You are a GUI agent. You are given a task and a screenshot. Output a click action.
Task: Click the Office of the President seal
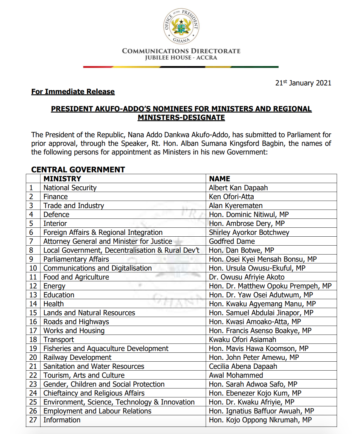(181, 26)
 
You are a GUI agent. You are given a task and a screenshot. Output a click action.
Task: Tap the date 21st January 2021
(303, 83)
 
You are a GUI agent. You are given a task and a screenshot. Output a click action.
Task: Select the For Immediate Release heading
(73, 92)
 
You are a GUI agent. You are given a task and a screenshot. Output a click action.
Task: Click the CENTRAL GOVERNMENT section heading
(78, 170)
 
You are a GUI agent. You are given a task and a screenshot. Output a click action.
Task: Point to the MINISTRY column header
(62, 179)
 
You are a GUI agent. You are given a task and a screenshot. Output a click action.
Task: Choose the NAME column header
(220, 179)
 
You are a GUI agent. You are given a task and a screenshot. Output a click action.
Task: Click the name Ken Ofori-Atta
(231, 197)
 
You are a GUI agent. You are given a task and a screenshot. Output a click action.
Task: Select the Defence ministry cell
(56, 215)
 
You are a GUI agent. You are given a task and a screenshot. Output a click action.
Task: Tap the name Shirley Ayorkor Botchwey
(249, 232)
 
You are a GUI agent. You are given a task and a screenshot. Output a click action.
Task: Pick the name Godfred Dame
(232, 241)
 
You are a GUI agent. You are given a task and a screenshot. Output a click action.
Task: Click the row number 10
(33, 268)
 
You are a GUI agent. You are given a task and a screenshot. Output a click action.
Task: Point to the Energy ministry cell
(54, 286)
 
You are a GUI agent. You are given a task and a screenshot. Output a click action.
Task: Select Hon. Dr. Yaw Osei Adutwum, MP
(261, 295)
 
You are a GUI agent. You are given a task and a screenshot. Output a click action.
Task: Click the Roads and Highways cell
(76, 322)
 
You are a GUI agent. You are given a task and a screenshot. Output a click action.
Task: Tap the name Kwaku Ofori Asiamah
(242, 340)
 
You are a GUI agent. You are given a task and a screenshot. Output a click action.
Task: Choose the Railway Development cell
(77, 357)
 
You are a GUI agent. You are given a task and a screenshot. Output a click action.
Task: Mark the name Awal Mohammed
(236, 375)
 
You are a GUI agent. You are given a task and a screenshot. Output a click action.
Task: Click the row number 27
(33, 420)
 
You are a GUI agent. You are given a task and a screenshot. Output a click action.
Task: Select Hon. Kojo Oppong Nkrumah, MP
(260, 420)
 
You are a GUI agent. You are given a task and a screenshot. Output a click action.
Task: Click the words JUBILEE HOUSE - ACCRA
(181, 58)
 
